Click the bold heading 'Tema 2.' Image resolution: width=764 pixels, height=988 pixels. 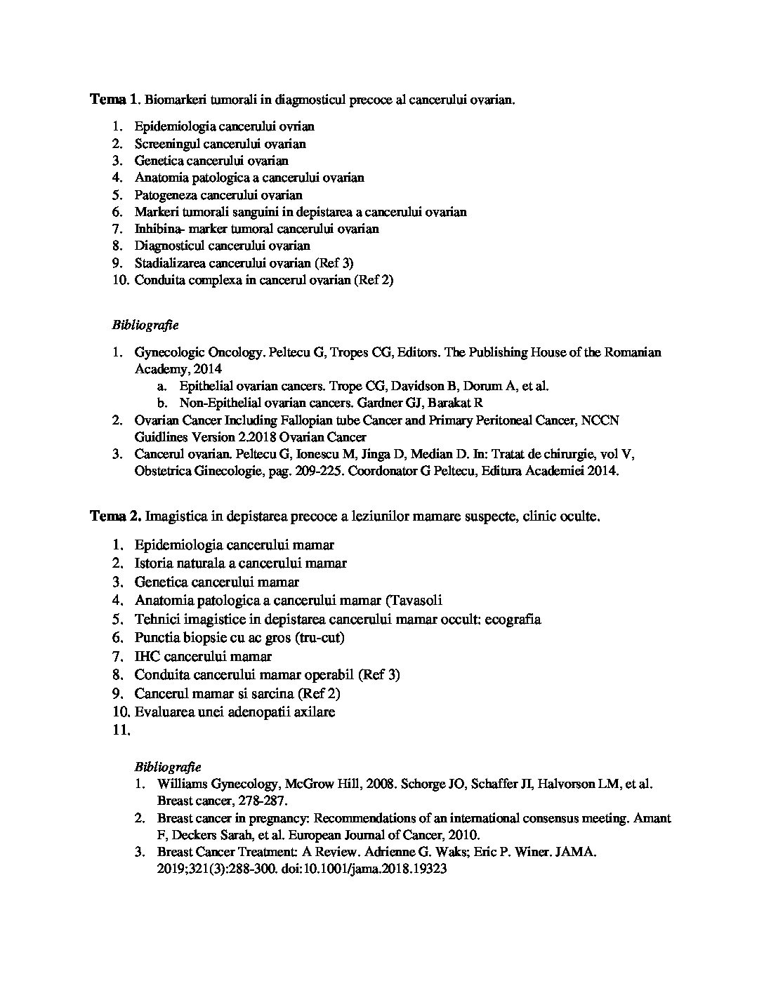(x=115, y=516)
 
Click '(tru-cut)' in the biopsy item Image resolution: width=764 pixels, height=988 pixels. (x=320, y=638)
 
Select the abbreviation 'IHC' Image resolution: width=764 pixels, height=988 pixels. (x=146, y=657)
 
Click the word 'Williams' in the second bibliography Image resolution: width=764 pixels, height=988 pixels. (x=182, y=784)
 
